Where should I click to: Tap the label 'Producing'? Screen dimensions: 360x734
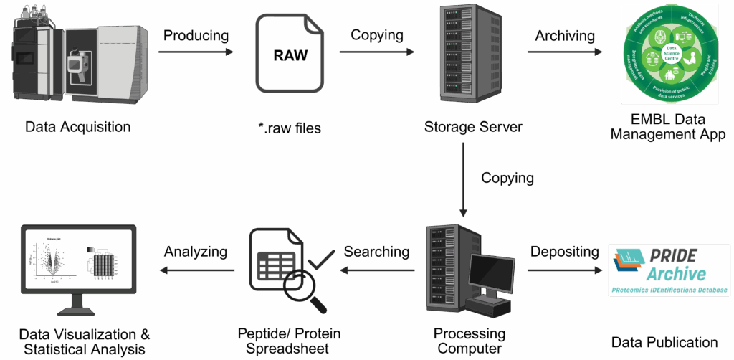pos(196,35)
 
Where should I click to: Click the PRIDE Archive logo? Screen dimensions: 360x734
pos(668,270)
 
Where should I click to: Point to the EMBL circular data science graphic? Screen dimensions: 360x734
pos(670,55)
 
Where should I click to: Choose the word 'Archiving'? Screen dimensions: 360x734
pos(565,35)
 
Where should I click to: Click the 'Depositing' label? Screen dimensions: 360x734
pos(564,252)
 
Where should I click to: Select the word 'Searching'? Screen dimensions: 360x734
pos(376,252)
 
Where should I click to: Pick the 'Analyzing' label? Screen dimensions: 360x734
pos(195,252)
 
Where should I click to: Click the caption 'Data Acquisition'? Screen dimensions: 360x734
pos(77,127)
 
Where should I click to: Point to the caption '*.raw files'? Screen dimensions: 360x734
pos(290,128)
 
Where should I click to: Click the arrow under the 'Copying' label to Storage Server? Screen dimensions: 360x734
pos(376,52)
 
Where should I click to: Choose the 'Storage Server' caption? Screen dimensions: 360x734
pos(473,127)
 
